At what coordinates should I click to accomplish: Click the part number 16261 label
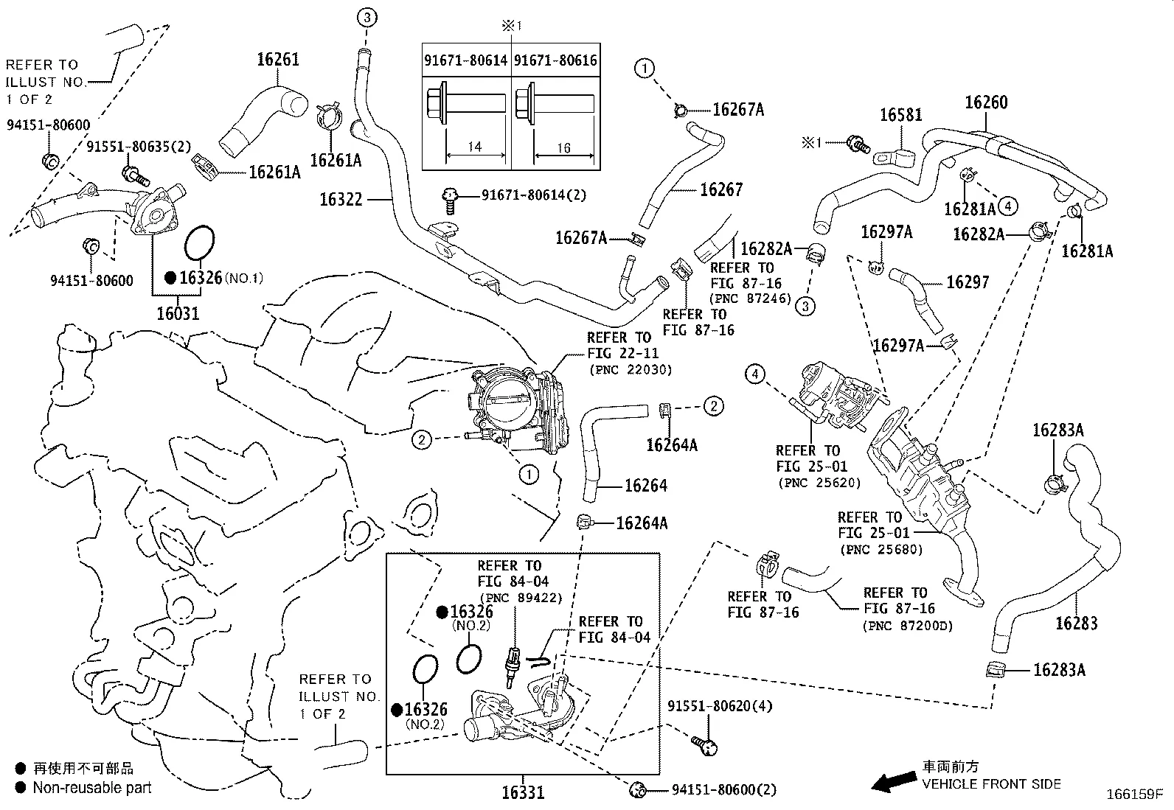pyautogui.click(x=278, y=59)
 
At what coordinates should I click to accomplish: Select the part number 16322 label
pyautogui.click(x=341, y=199)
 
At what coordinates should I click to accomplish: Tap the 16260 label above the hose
pyautogui.click(x=986, y=102)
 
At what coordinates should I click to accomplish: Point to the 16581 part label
pyautogui.click(x=900, y=115)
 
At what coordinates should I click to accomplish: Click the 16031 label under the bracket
pyautogui.click(x=178, y=313)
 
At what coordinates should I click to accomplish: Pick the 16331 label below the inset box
pyautogui.click(x=523, y=792)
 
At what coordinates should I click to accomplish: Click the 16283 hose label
pyautogui.click(x=1076, y=623)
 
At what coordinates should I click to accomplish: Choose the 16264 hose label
pyautogui.click(x=646, y=486)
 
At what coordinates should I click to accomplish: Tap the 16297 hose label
pyautogui.click(x=968, y=282)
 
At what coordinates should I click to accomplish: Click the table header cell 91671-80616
pyautogui.click(x=555, y=60)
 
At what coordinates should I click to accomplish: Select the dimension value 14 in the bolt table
pyautogui.click(x=474, y=147)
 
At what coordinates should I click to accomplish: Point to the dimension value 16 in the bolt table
pyautogui.click(x=563, y=148)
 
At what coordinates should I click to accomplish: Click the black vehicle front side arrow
pyautogui.click(x=894, y=781)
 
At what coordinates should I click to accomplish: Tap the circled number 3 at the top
pyautogui.click(x=367, y=18)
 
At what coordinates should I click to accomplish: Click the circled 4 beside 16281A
pyautogui.click(x=1008, y=206)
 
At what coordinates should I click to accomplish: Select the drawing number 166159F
pyautogui.click(x=1135, y=795)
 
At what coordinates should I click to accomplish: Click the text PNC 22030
pyautogui.click(x=631, y=370)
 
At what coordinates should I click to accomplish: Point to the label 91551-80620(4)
pyautogui.click(x=720, y=706)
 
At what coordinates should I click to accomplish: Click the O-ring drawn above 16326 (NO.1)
pyautogui.click(x=199, y=242)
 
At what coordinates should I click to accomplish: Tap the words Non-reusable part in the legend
pyautogui.click(x=92, y=787)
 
